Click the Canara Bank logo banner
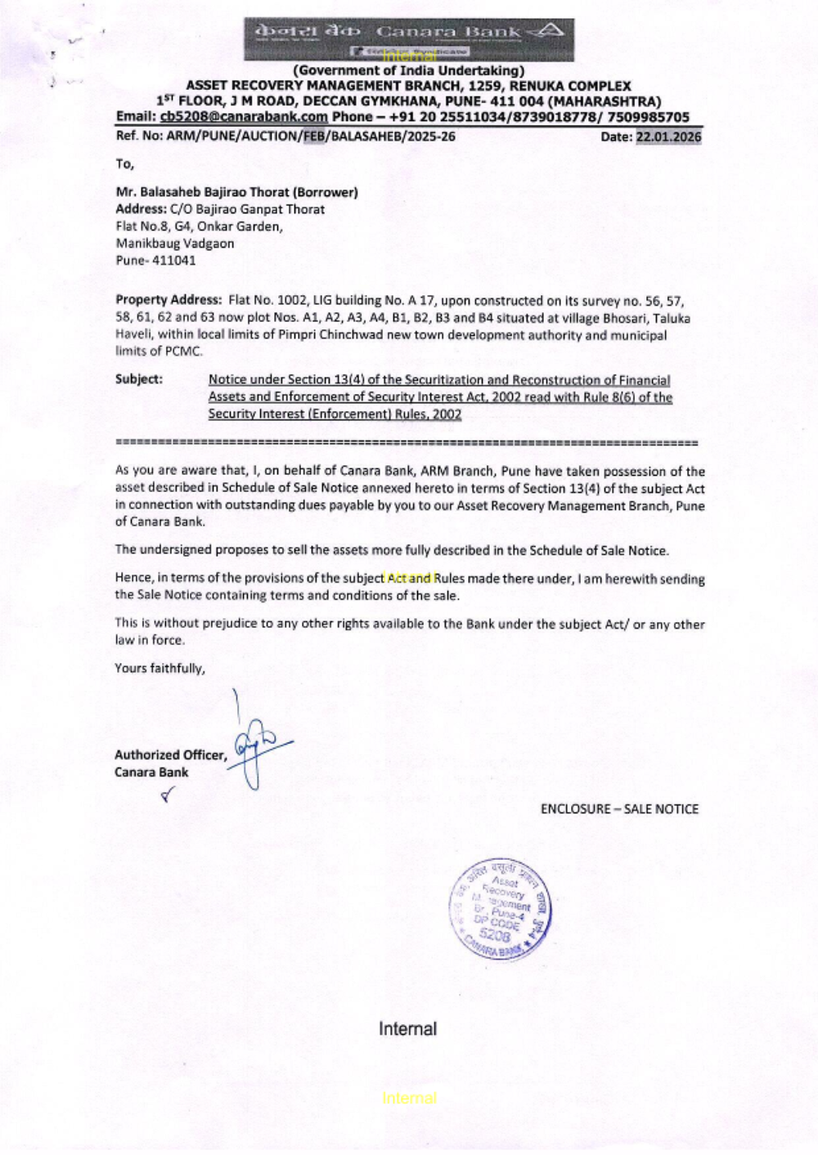408,38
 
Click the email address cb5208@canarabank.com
244,117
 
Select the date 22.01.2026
668,137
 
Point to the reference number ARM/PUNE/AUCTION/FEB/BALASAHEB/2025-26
311,137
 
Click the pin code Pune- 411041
155,261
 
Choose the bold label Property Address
169,300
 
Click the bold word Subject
138,379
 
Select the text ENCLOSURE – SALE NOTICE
619,808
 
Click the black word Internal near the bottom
407,1028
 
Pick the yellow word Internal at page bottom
409,1098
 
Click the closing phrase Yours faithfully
160,668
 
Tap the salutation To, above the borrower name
124,163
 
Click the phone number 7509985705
648,117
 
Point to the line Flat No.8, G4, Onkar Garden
199,226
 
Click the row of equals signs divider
407,442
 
